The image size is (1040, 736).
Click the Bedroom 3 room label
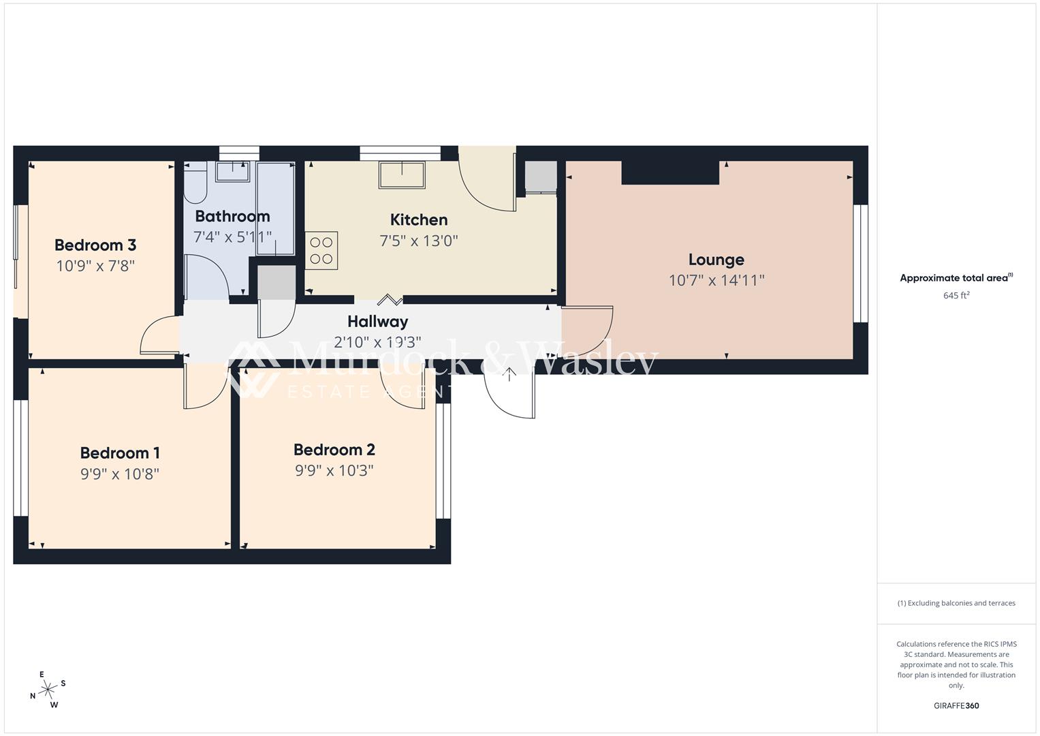tap(95, 245)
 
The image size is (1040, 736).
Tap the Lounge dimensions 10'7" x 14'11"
tap(716, 280)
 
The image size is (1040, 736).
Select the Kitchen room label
tap(419, 219)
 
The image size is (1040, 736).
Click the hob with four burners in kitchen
tap(321, 251)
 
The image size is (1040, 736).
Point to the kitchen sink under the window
tap(402, 174)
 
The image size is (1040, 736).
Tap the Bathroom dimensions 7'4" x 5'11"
tap(232, 237)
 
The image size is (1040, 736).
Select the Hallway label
tap(378, 321)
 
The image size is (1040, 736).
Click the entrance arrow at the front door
tap(509, 373)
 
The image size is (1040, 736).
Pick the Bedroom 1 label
tap(120, 453)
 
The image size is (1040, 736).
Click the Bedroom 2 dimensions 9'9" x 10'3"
tap(334, 470)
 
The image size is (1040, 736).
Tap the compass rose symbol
tap(48, 690)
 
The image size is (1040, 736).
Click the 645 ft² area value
tap(956, 296)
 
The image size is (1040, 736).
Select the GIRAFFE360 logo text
tap(956, 705)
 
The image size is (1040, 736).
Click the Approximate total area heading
tap(956, 278)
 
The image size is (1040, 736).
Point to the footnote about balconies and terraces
tap(956, 603)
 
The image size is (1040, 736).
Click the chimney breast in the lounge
tap(670, 172)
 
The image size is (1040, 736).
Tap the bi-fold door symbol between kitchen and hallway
tap(390, 299)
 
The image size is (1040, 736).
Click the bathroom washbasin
tap(233, 170)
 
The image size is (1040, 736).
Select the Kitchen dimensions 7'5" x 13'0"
tap(419, 241)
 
